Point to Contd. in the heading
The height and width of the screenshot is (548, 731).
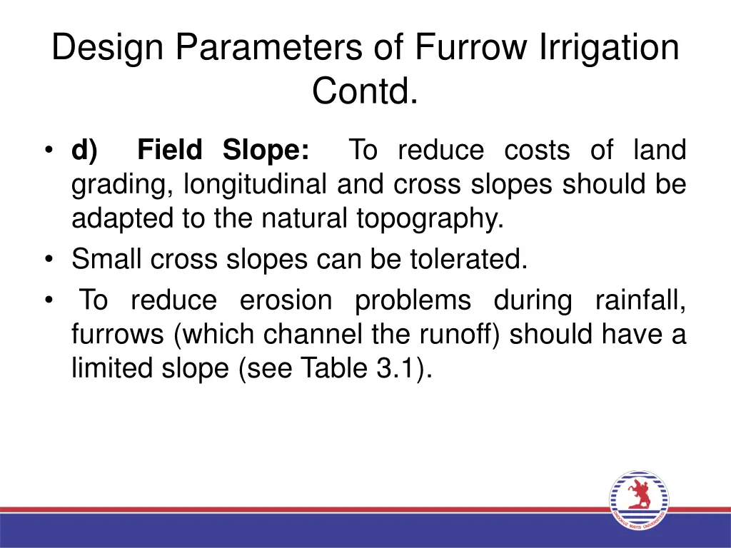point(365,91)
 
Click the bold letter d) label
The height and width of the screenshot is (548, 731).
point(85,151)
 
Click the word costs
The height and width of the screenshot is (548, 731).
point(537,151)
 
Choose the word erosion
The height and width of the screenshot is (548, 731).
point(286,300)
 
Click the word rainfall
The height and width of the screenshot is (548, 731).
point(640,300)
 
